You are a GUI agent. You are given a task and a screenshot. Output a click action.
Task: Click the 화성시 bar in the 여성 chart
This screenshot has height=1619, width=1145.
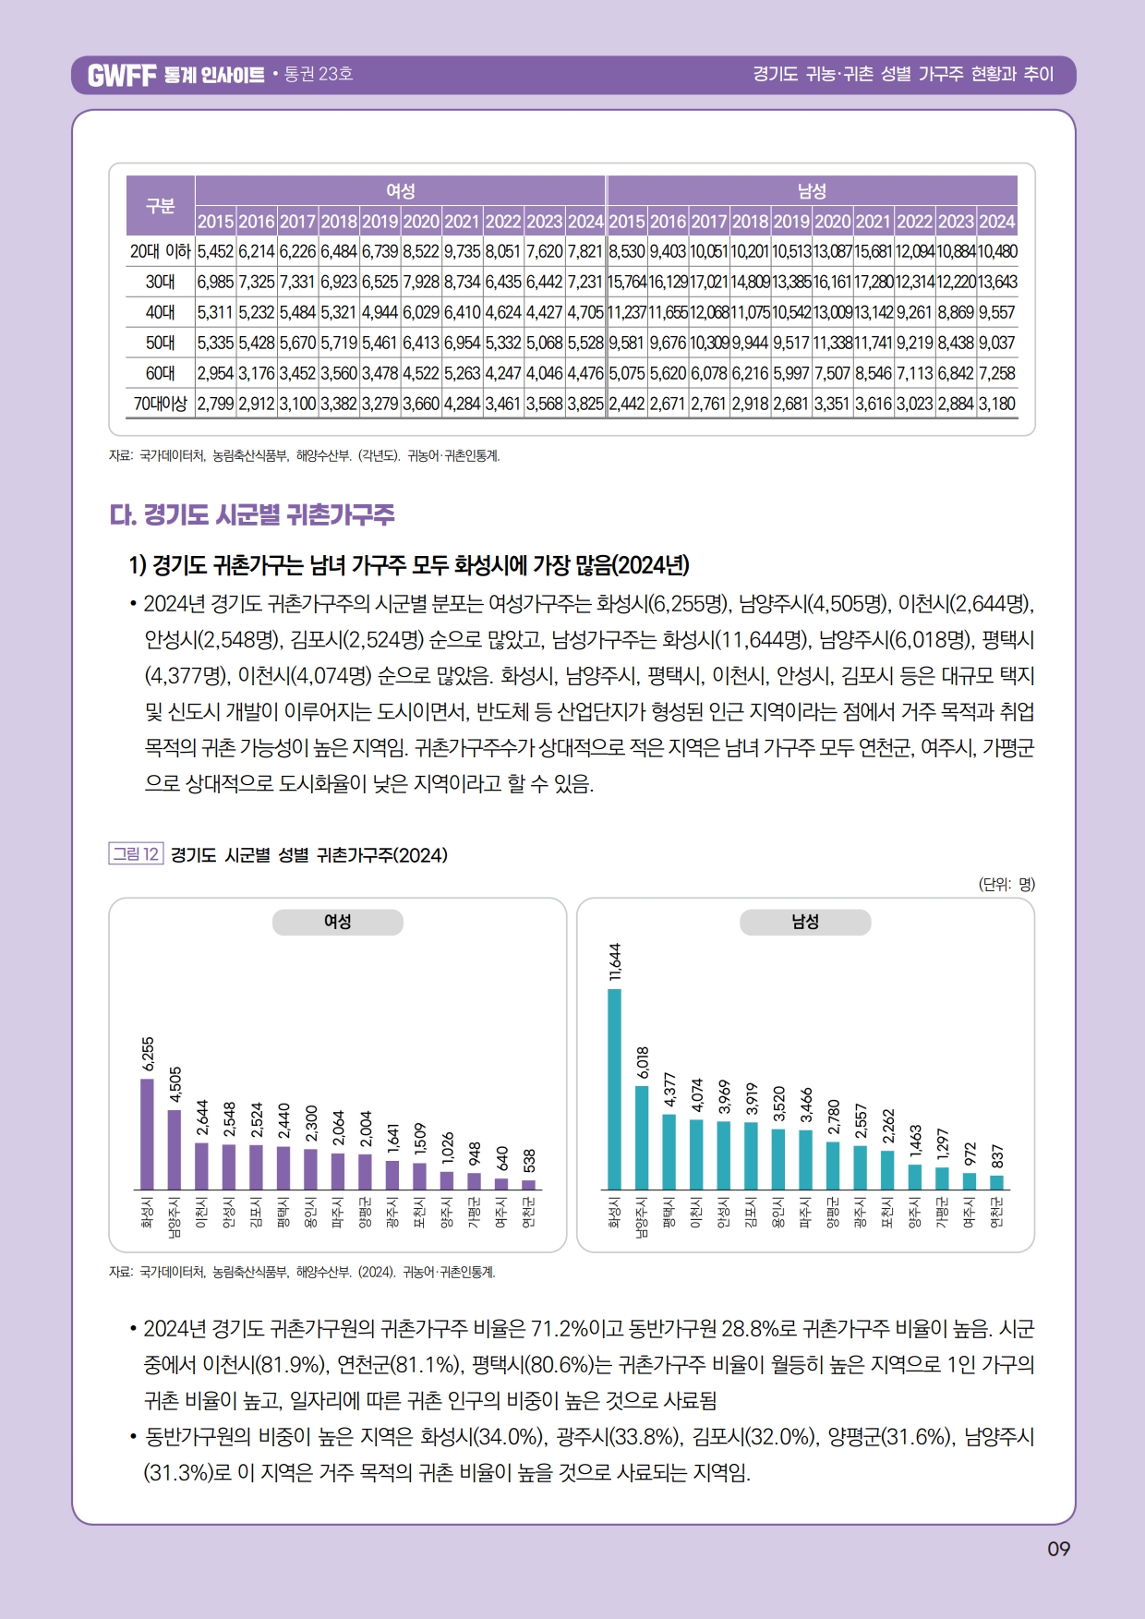[x=147, y=1133]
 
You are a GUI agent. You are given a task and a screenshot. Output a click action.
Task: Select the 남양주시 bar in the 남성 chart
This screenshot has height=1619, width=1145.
[x=642, y=1137]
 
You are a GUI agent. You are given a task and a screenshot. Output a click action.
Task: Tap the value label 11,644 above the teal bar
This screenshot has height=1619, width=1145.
[x=615, y=961]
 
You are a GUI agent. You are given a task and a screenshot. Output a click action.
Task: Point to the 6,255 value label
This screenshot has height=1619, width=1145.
[x=148, y=1055]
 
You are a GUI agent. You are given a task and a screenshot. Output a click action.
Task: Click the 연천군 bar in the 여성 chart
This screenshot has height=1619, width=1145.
[x=528, y=1184]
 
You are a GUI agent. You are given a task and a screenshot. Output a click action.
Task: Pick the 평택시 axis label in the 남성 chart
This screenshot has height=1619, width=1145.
[x=669, y=1212]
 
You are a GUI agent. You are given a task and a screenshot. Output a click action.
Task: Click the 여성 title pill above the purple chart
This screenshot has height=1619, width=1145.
[x=337, y=922]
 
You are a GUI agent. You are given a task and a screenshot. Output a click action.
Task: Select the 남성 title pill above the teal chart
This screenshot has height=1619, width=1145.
[x=805, y=922]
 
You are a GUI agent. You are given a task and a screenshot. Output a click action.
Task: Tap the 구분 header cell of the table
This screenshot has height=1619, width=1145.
[x=160, y=205]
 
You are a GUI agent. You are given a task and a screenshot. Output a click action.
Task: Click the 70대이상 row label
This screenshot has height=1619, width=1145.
[x=160, y=404]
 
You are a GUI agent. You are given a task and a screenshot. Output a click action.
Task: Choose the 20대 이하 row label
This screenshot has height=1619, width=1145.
[x=160, y=251]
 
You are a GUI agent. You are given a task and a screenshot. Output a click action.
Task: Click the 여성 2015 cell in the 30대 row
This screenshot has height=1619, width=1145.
[x=215, y=282]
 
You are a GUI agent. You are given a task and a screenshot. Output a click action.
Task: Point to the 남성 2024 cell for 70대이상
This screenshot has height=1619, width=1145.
[x=997, y=404]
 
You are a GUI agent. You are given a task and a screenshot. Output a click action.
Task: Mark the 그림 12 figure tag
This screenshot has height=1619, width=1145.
[x=136, y=854]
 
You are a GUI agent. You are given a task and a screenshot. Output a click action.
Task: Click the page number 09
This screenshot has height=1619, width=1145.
[x=1058, y=1549]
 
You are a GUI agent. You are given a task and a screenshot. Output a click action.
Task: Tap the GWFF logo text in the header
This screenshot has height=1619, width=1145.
[x=122, y=75]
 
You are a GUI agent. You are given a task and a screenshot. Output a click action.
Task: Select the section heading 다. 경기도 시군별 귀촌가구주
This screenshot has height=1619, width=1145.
[x=252, y=514]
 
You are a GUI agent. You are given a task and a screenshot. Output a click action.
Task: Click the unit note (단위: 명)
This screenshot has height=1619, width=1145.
[x=1006, y=884]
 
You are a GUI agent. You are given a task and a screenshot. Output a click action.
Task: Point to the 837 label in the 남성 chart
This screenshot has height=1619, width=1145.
[x=997, y=1156]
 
